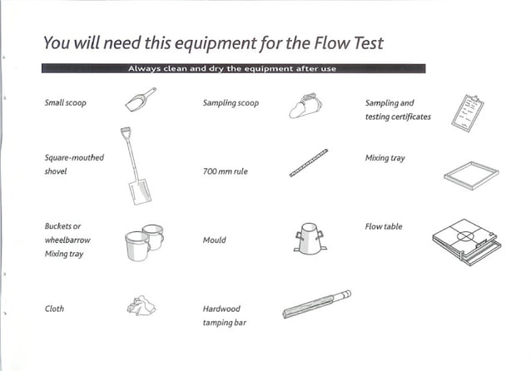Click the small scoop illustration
(140, 99)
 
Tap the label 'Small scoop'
(65, 103)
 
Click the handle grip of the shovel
(126, 131)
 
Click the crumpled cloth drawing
(140, 307)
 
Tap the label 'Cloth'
(54, 309)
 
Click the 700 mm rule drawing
(309, 163)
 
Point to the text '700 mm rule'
(225, 171)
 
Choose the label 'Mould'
(214, 240)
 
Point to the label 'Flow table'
(383, 226)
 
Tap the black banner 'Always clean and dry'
(232, 68)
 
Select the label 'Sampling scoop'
(231, 103)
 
